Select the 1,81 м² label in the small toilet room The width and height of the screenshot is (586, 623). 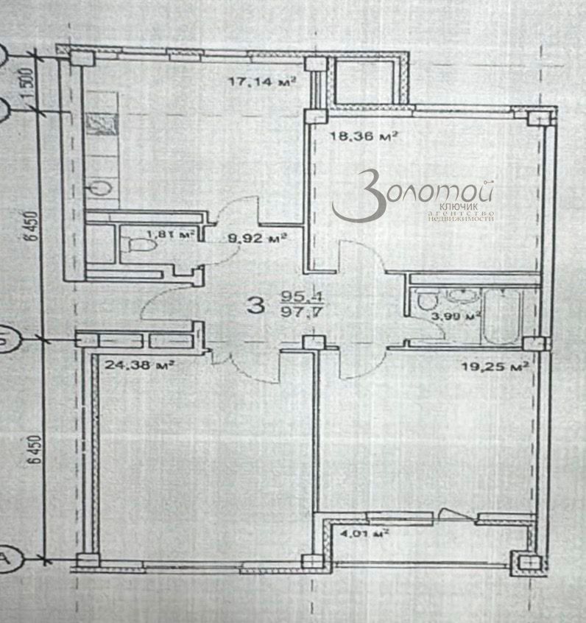click(171, 235)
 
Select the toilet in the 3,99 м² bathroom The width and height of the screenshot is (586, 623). click(424, 303)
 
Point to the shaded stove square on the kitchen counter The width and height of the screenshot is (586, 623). click(98, 124)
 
